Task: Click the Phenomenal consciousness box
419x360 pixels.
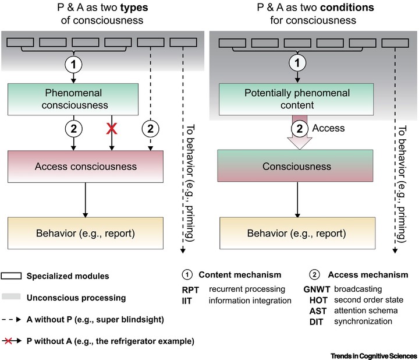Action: (x=72, y=99)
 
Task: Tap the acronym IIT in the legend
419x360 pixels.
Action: (x=190, y=301)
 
